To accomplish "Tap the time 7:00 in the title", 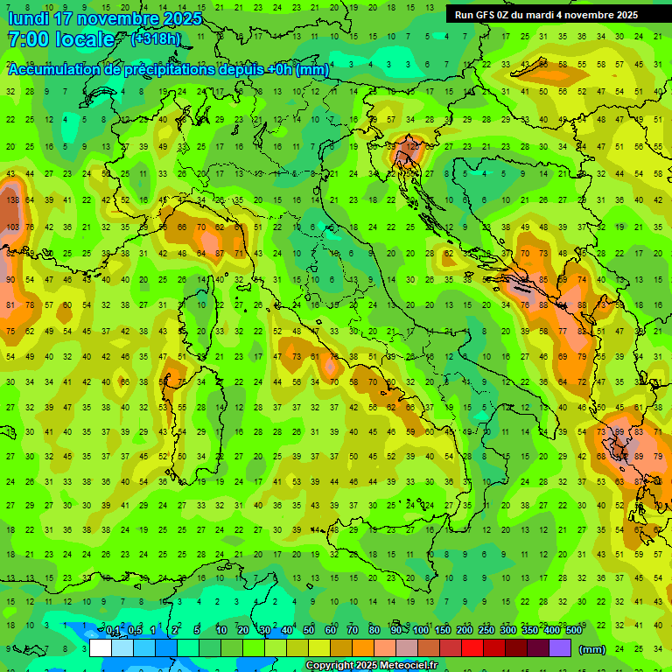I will coord(27,39).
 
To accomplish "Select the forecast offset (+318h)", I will coord(156,38).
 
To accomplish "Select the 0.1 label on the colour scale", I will coord(112,631).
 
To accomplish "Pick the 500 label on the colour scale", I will coord(573,631).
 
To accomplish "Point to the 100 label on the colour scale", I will coord(421,631).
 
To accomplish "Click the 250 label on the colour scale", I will coord(486,631).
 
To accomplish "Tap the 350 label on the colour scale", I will coord(529,631).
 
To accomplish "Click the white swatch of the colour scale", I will coord(101,648).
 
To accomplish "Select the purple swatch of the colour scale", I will coord(560,648).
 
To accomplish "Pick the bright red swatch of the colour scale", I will coord(472,648).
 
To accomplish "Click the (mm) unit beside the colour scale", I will coord(592,649).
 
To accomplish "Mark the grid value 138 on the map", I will coord(11,200).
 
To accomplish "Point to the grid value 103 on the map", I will coord(11,227).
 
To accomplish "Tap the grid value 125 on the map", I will coord(413,146).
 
